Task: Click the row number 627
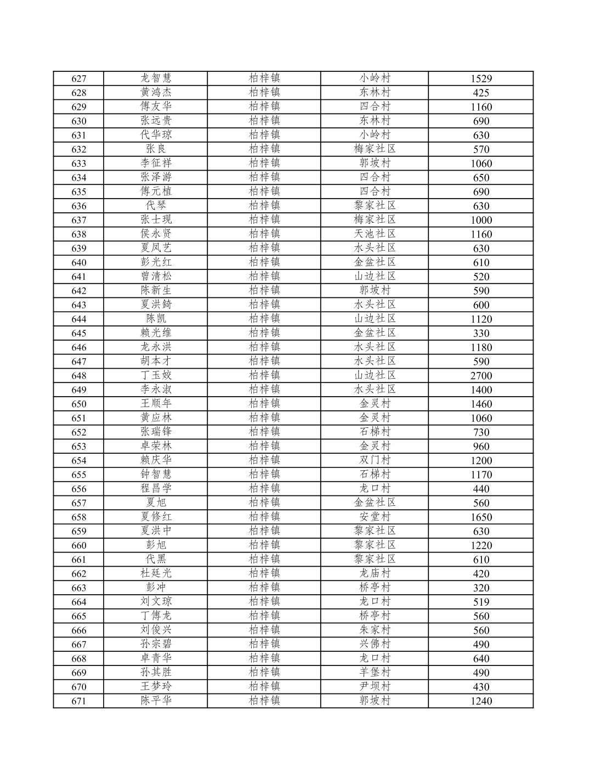click(79, 78)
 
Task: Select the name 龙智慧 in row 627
click(156, 78)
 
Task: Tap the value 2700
click(481, 376)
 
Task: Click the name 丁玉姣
click(156, 376)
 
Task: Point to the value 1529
click(481, 78)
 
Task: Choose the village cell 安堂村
click(375, 517)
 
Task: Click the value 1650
click(481, 517)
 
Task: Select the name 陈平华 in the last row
click(156, 701)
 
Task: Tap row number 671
click(79, 701)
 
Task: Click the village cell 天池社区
click(375, 234)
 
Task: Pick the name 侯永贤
click(156, 234)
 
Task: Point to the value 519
click(481, 602)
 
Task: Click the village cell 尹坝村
click(375, 686)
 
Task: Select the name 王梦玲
click(156, 686)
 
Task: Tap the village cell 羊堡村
click(375, 673)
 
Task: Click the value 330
click(481, 333)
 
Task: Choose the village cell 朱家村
click(375, 630)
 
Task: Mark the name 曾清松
click(156, 277)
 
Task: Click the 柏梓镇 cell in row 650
click(264, 404)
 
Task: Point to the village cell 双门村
click(375, 460)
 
